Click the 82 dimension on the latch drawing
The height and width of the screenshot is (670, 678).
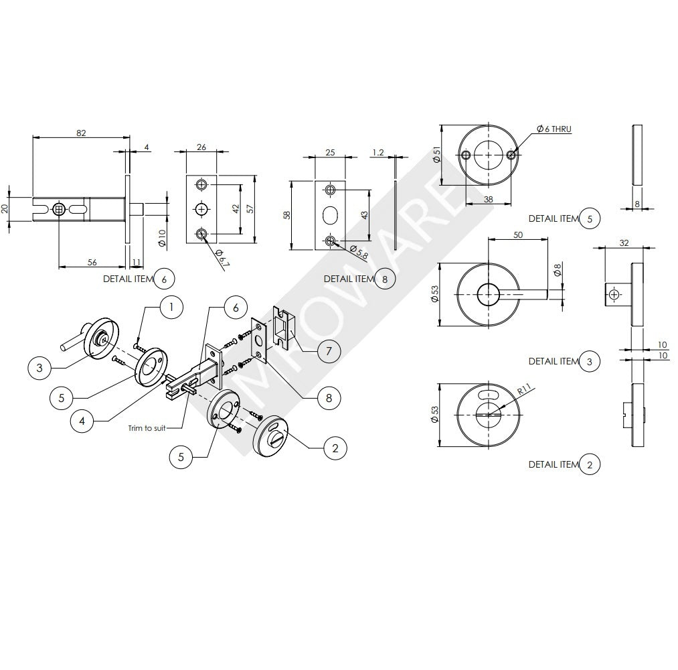(81, 133)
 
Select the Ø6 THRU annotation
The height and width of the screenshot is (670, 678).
(554, 129)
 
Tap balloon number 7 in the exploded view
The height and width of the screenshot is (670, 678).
(329, 351)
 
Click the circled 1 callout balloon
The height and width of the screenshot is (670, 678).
(171, 308)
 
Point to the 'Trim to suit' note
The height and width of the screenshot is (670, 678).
(147, 427)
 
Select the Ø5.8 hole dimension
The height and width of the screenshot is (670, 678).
(359, 253)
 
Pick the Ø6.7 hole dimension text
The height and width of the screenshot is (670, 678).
(223, 260)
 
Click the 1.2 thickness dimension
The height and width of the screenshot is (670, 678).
(378, 153)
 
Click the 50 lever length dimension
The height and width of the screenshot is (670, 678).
(518, 235)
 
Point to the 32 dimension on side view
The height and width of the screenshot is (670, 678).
(624, 243)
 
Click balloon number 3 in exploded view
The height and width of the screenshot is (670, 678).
(40, 368)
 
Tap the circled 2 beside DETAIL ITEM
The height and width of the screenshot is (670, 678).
(589, 464)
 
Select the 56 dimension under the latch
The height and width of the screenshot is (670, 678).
(92, 263)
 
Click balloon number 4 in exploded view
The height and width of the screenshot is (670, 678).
(82, 421)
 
